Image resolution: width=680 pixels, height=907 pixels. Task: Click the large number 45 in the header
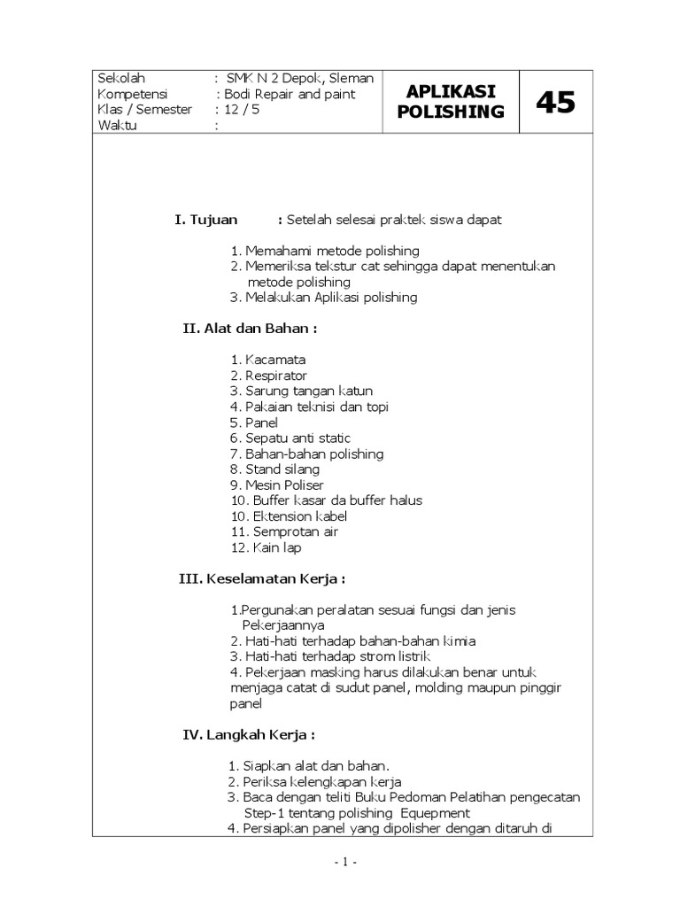point(555,103)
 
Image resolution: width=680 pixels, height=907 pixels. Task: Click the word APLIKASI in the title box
point(451,92)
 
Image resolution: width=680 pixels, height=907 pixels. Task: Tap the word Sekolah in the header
point(121,78)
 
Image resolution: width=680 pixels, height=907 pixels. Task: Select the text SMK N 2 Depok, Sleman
point(300,78)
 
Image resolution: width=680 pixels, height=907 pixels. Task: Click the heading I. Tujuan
point(206,220)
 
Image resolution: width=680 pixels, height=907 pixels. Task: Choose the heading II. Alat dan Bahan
point(250,329)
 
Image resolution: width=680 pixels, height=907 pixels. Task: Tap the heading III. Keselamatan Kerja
point(262,579)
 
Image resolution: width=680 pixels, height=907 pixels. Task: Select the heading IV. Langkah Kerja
point(248,735)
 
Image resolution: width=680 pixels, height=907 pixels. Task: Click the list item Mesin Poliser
point(284,485)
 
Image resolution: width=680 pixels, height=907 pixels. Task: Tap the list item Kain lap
point(277,548)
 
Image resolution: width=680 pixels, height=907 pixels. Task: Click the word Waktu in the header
point(119,126)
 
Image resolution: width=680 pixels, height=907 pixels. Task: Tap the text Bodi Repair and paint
point(290,94)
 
